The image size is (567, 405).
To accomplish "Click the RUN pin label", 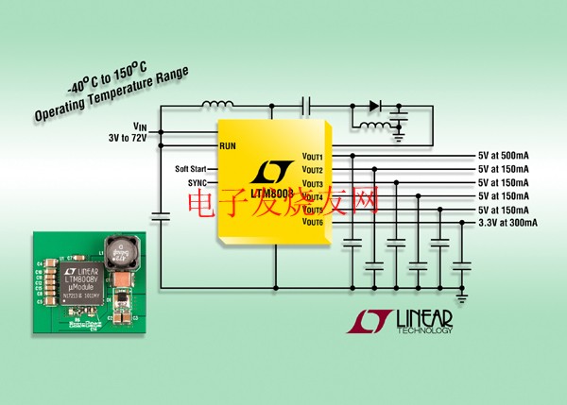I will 228,146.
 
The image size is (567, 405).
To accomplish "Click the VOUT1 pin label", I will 313,156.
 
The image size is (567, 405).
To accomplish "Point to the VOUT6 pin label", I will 313,222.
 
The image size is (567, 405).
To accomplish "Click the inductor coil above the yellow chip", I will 218,106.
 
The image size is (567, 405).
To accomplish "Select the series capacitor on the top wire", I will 306,107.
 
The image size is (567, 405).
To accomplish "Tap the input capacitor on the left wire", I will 160,217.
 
